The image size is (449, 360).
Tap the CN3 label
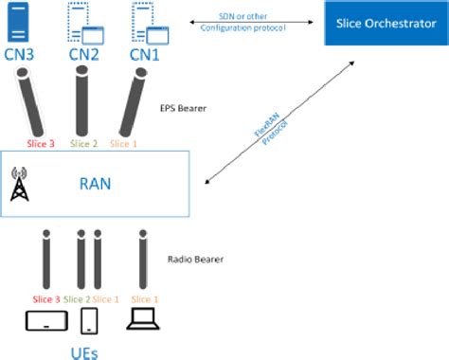[x=19, y=55]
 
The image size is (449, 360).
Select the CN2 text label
[x=83, y=55]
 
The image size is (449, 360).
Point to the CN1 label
[x=144, y=55]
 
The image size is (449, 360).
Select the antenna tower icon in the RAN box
[x=19, y=186]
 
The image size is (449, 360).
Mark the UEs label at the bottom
[x=86, y=351]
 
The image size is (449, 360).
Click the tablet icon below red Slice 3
[x=45, y=321]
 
